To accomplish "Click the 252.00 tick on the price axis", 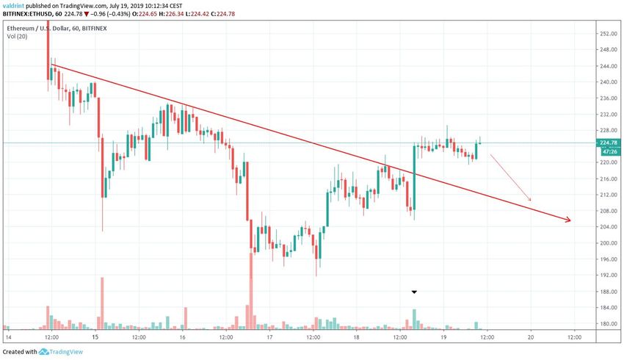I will coord(606,34).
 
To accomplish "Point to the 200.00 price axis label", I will coord(606,242).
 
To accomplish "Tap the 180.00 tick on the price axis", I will coord(606,323).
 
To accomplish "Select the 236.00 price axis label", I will coord(606,98).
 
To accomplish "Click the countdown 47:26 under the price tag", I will coord(606,151).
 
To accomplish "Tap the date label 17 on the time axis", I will coord(269,337).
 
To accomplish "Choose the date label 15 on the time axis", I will coord(95,337).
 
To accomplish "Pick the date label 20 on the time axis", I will coord(531,337).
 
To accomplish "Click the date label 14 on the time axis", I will coord(8,337).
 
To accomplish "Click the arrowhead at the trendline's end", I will coord(566,220).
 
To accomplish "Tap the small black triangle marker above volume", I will coord(414,292).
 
